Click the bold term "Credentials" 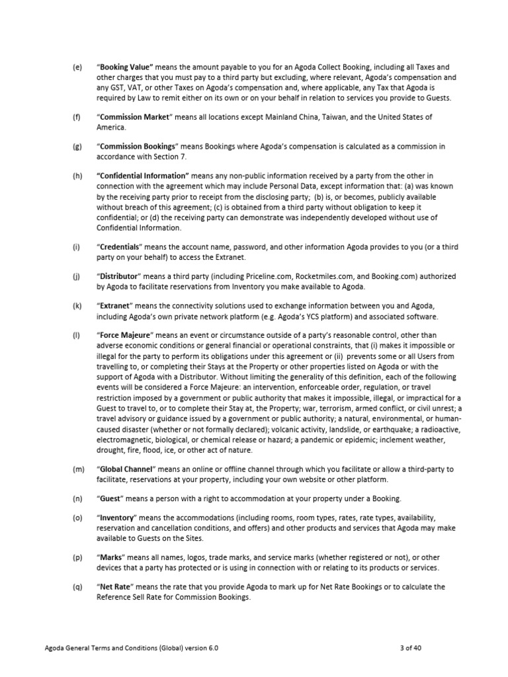coord(124,247)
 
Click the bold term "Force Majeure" coord(128,335)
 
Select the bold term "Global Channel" coord(128,469)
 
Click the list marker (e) coord(77,67)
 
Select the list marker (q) coord(77,586)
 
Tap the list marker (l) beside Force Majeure coord(76,335)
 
